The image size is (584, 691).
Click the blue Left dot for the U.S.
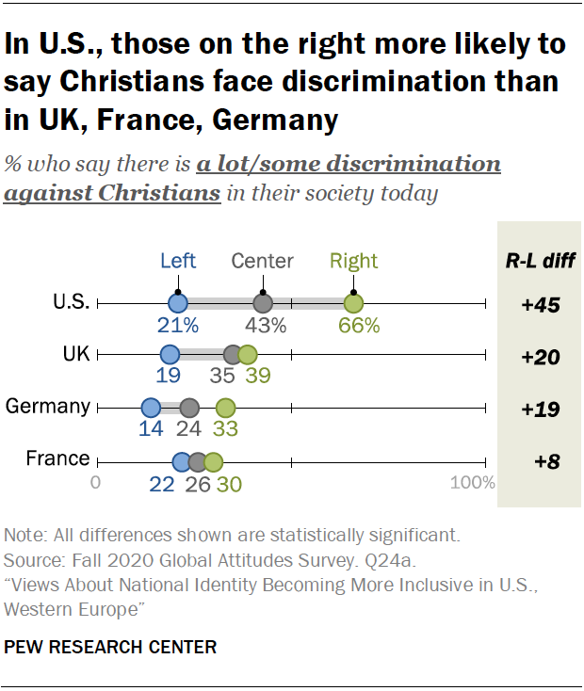click(178, 303)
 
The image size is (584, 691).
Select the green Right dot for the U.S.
click(353, 303)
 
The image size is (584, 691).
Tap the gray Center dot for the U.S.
click(263, 303)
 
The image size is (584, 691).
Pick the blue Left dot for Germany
click(151, 408)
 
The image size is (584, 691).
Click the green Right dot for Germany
click(225, 408)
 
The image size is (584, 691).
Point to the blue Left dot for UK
click(170, 355)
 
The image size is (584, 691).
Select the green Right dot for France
click(214, 461)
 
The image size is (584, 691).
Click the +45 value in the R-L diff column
click(540, 304)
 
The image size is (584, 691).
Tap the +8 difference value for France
click(540, 461)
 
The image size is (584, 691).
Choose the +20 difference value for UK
click(540, 357)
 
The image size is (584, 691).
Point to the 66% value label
click(359, 327)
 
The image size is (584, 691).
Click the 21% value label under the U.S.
click(178, 327)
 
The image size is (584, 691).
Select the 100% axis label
click(472, 483)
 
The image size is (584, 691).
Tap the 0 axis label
click(96, 483)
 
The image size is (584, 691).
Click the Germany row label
click(48, 407)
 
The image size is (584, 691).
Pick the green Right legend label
click(353, 262)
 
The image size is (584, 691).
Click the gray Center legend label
click(263, 262)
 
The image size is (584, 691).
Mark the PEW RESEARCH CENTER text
click(110, 648)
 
